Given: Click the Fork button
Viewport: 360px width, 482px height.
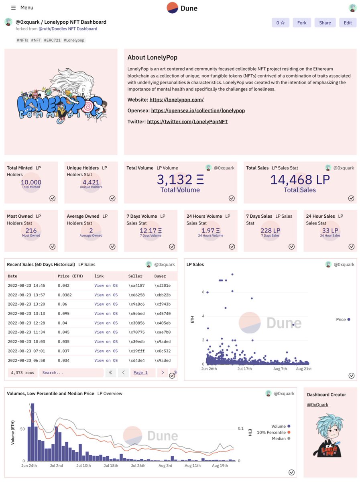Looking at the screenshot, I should click(302, 23).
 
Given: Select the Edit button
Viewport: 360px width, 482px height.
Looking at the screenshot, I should click(348, 23).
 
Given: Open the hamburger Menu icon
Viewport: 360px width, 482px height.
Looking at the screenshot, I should click(13, 8).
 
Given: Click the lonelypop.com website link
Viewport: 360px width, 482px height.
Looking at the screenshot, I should click(177, 100).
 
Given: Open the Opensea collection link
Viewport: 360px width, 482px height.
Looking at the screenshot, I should click(198, 110).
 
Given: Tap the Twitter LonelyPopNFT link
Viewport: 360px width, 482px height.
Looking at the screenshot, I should click(187, 121).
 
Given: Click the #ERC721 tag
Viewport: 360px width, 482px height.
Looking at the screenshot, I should click(52, 40).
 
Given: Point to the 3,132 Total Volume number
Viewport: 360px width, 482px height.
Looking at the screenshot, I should click(180, 179).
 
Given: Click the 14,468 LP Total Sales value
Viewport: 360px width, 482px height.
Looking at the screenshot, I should click(299, 179).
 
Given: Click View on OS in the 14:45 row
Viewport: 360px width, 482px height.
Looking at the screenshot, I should click(106, 286).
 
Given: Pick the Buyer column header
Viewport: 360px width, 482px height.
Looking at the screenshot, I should click(160, 276).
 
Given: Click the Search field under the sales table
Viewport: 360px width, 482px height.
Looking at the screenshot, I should click(71, 373).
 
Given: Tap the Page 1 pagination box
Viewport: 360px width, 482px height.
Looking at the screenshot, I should click(140, 373).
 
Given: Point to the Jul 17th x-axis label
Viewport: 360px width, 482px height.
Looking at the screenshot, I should click(245, 369).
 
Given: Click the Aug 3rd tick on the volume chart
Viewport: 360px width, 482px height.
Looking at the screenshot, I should click(166, 466).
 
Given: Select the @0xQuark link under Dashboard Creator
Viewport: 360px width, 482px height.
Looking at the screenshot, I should click(317, 404).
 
